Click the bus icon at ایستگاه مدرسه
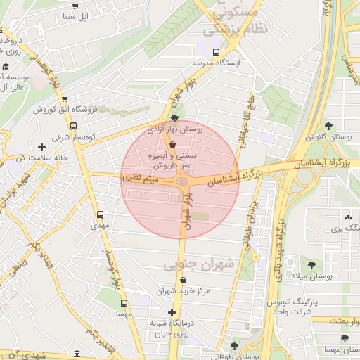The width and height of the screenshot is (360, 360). point(216,51)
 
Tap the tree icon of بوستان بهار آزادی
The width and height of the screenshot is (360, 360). point(174,118)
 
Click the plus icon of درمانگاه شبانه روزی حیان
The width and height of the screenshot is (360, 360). point(172,312)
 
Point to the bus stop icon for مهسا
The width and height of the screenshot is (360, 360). point(124,303)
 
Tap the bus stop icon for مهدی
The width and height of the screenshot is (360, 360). point(100,214)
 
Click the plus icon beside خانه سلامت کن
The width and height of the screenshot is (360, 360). point(42,147)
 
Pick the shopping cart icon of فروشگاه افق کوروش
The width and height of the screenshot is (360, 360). point(65,100)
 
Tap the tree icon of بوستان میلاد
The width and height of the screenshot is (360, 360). point(311,265)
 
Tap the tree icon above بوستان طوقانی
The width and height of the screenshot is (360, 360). point(234,345)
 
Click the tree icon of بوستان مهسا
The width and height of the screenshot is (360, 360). point(345,338)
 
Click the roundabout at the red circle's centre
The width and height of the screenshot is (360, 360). point(181,181)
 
